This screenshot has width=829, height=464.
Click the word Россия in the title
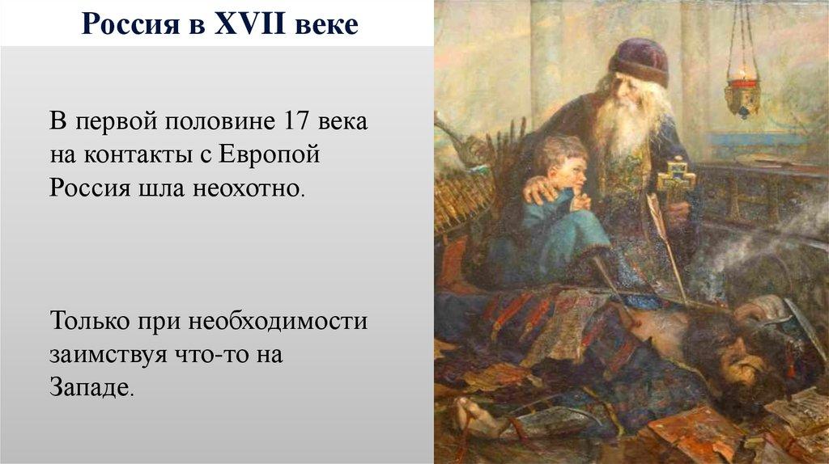click(130, 24)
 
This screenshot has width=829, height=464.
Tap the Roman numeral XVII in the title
click(249, 23)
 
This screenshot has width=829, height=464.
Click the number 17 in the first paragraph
click(296, 121)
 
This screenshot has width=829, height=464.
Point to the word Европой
click(270, 155)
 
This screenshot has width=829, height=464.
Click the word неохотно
click(249, 188)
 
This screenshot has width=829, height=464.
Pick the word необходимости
click(278, 322)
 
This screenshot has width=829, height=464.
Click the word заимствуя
click(108, 355)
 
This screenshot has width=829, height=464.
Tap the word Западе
click(91, 387)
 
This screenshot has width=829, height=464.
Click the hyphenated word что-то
click(213, 354)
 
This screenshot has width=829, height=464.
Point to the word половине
click(220, 121)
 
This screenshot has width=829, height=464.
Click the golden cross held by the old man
click(675, 180)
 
